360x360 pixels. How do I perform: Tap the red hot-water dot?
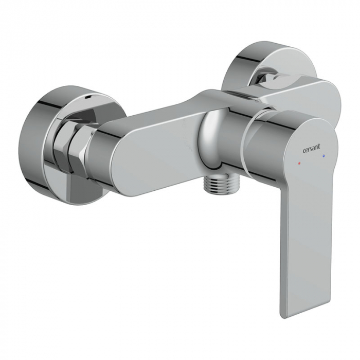[299, 163]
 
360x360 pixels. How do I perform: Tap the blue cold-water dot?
[323, 156]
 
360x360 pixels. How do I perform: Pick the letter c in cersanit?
[304, 151]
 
